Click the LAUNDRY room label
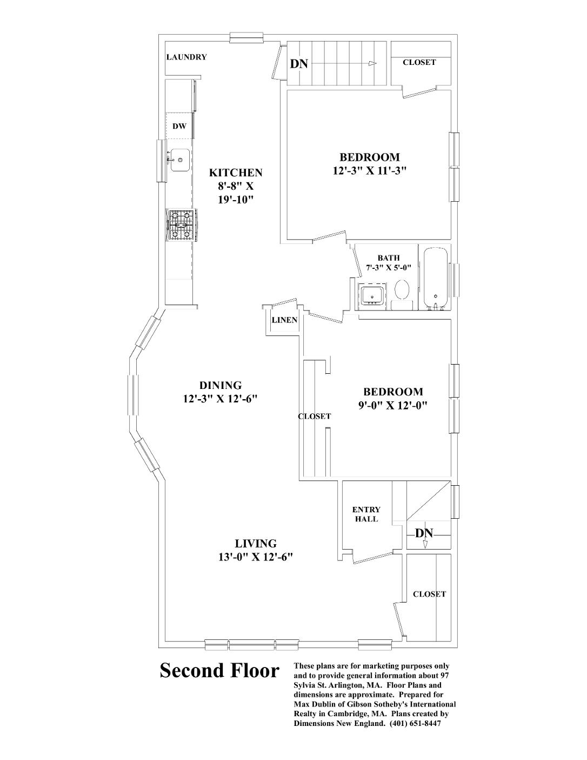(x=186, y=57)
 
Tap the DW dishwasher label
(x=179, y=127)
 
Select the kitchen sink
(x=179, y=160)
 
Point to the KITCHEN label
(x=236, y=173)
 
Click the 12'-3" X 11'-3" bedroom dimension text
(x=370, y=171)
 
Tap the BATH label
(x=388, y=258)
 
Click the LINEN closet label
(x=284, y=320)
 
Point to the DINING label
(x=221, y=386)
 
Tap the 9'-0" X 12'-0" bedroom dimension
(x=393, y=405)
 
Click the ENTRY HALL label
(x=366, y=514)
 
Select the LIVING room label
(x=256, y=544)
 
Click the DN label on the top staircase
(x=299, y=64)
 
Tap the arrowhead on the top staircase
(x=372, y=63)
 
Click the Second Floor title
(x=219, y=671)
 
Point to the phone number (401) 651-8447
(x=416, y=724)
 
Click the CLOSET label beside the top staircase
(x=419, y=62)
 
